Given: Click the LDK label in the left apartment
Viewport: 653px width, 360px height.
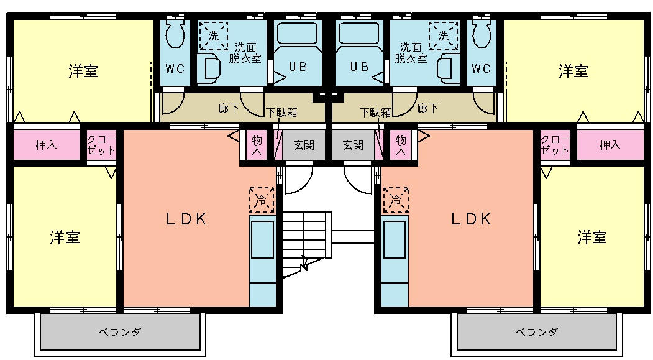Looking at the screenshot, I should coord(186,219).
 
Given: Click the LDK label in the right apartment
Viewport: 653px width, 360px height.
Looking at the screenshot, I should coord(471,219).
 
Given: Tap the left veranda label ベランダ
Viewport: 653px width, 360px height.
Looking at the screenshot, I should coord(121,332).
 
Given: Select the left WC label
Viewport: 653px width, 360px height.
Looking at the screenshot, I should coord(176,68).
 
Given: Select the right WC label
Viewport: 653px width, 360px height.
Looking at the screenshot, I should coord(482,68).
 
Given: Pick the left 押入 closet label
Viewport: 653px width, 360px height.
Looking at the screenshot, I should coord(46,145).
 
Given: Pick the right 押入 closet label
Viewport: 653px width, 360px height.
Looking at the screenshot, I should coord(610,145).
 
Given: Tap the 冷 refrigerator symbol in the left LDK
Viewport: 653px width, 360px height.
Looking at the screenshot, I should coord(262,200).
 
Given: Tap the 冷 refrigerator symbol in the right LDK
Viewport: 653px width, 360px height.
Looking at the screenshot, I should coord(395,200).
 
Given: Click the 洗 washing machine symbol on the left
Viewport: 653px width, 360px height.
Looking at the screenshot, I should coord(213,36).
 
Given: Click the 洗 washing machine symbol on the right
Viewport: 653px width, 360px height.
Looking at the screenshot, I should coord(443,36).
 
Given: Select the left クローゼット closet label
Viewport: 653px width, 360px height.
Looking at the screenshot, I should coord(101,145).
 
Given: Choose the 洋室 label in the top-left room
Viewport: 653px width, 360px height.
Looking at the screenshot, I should coord(83,72).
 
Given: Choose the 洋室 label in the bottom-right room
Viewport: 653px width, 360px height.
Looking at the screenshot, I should coord(591,237).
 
